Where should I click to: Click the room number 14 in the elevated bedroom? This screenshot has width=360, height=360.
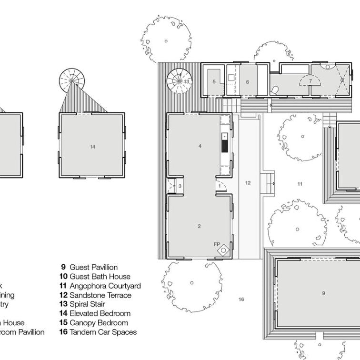(x=92, y=147)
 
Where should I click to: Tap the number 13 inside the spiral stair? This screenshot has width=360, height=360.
(x=186, y=81)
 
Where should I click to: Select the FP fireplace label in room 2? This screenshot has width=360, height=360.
(x=217, y=245)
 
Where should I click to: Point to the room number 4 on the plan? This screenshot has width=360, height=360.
(x=200, y=147)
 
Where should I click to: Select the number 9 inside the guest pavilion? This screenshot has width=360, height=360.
(x=323, y=293)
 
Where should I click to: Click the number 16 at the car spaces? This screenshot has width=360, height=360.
(x=241, y=299)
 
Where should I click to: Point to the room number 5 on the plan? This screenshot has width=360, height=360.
(x=214, y=82)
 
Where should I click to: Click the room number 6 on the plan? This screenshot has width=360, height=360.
(x=248, y=82)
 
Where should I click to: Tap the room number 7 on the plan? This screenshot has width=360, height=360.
(x=310, y=81)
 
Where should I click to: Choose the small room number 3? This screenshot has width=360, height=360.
(x=180, y=186)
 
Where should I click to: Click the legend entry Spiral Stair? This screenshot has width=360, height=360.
(x=87, y=304)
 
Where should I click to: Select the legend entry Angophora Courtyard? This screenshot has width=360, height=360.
(x=100, y=286)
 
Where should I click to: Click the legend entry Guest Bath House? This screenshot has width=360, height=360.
(x=95, y=277)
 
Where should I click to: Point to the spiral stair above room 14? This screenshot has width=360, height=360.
(x=71, y=78)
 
